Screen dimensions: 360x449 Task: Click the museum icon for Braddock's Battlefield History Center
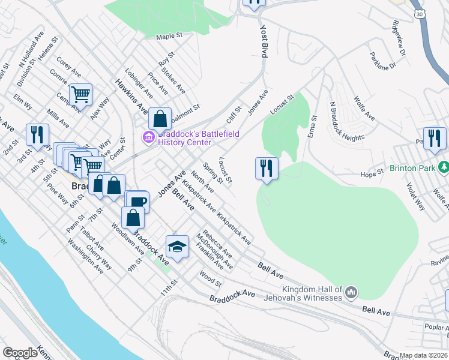[148, 138]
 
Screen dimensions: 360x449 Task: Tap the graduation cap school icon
[177, 246]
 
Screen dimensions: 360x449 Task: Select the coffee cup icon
[137, 202]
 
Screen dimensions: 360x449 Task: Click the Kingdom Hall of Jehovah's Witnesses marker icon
[351, 292]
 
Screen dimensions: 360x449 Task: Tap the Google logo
[20, 353]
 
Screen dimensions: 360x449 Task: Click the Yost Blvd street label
[263, 41]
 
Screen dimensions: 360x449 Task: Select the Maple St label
[169, 37]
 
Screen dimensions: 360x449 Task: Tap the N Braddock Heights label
[346, 120]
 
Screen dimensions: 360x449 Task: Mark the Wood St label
[211, 279]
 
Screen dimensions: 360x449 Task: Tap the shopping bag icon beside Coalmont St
[160, 118]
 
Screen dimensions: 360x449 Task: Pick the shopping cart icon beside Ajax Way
[80, 94]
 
